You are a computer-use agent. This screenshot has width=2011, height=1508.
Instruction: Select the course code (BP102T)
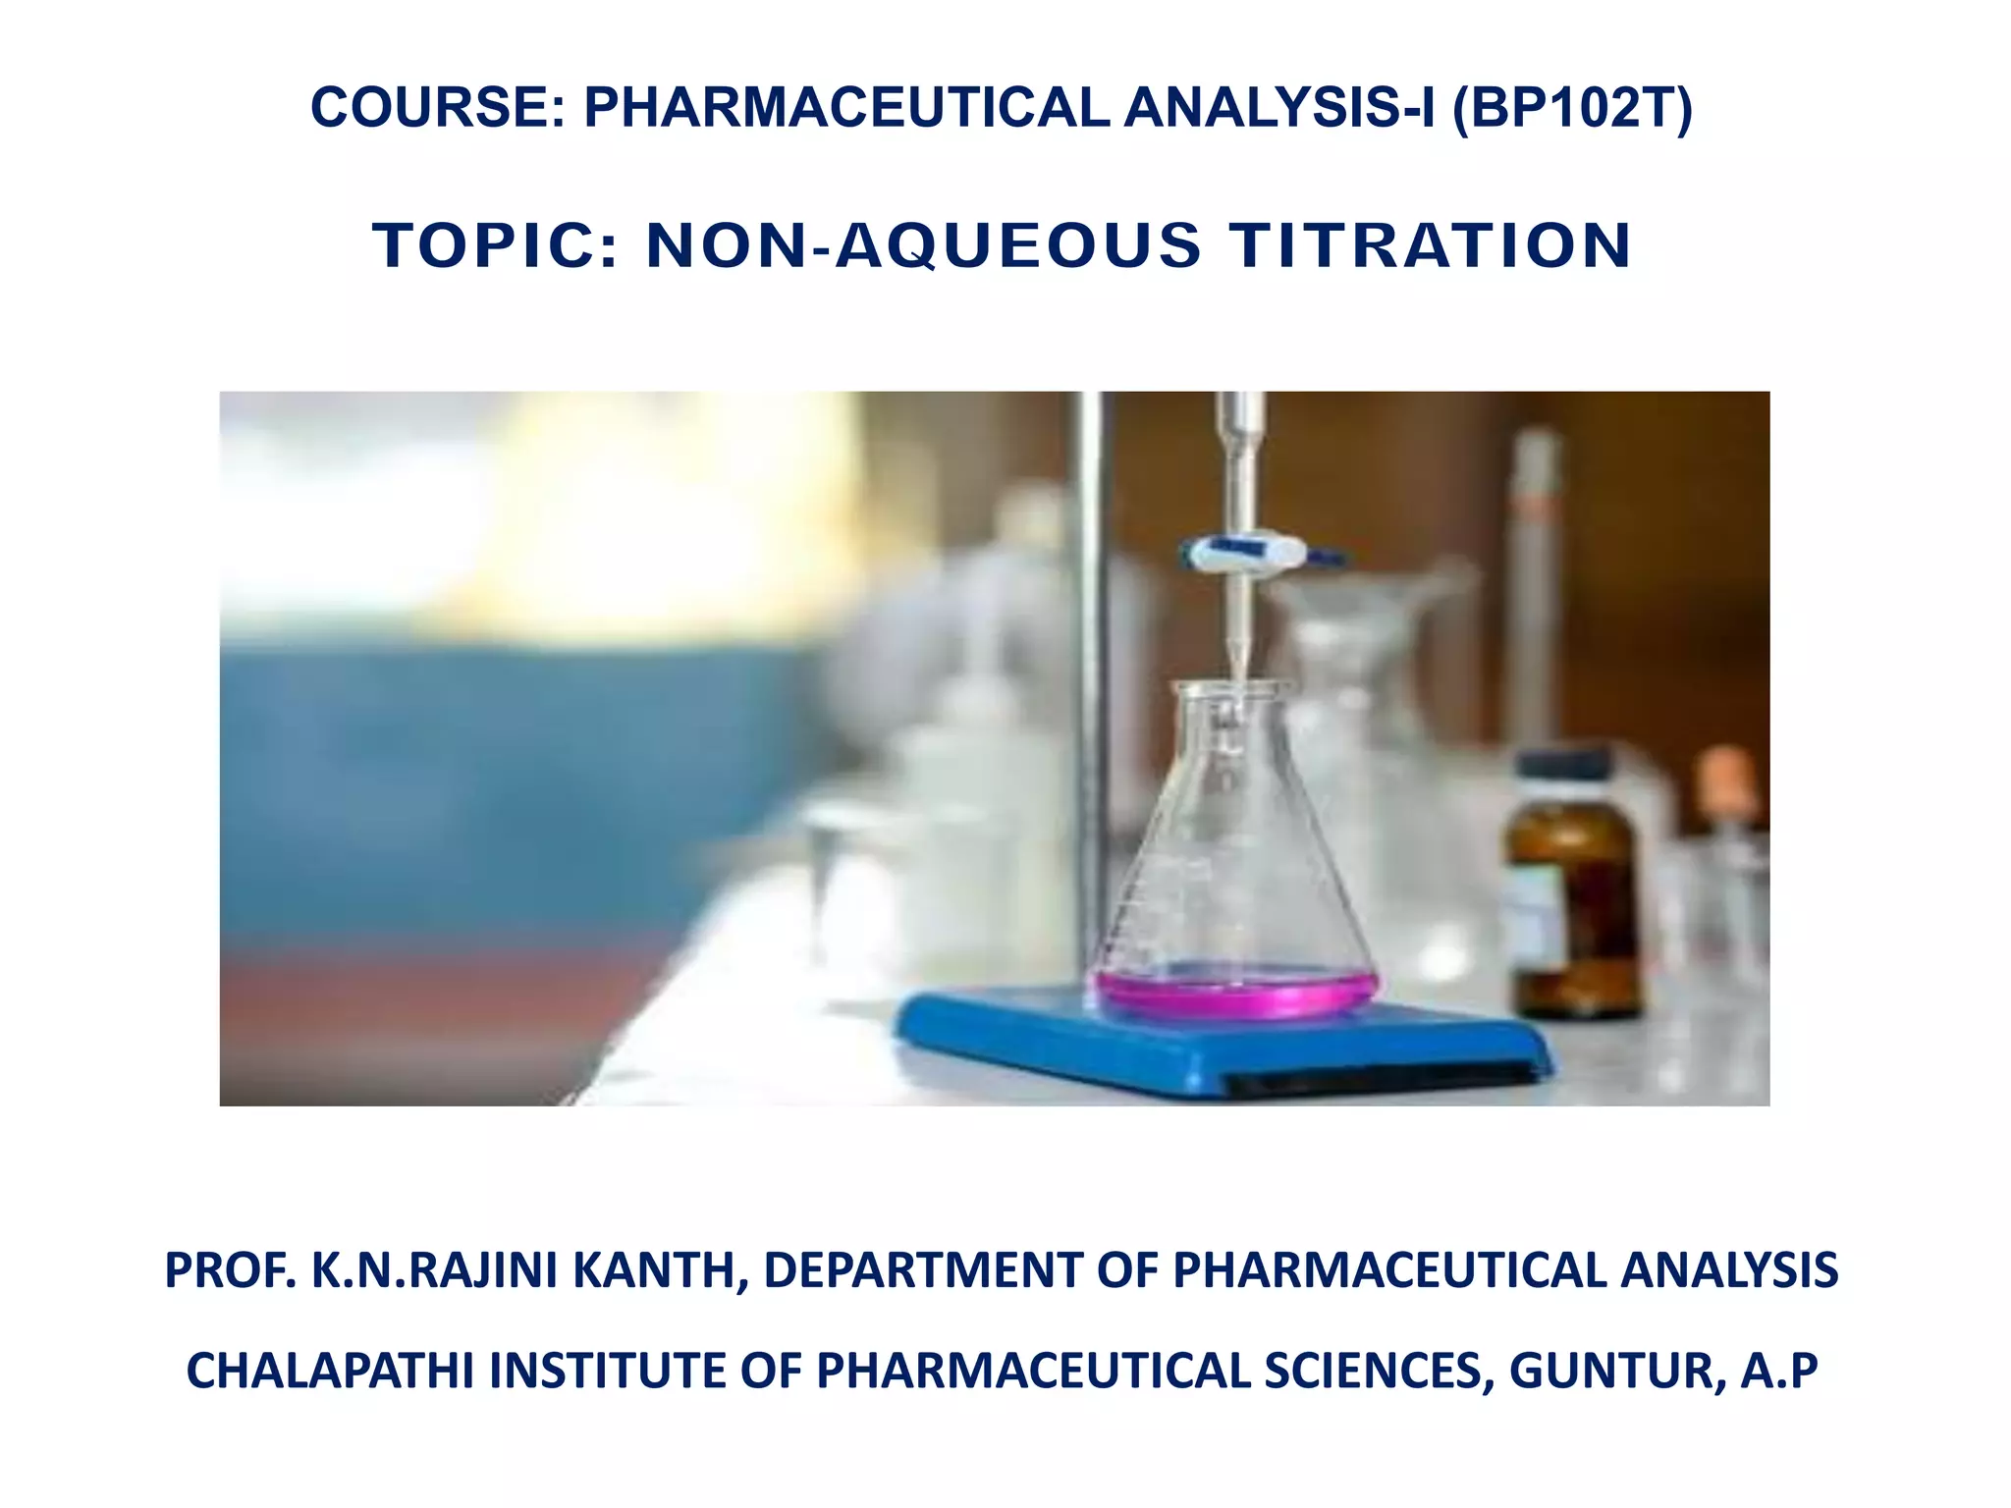(x=1571, y=107)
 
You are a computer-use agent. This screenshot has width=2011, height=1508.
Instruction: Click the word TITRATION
(x=1431, y=244)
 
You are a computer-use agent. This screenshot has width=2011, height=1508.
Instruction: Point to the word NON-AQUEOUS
(x=923, y=244)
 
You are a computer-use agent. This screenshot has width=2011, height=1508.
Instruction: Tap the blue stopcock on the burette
(x=1242, y=553)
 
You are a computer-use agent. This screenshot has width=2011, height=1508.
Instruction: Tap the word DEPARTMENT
(x=922, y=1269)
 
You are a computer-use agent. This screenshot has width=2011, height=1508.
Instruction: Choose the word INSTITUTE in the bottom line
(x=608, y=1371)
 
